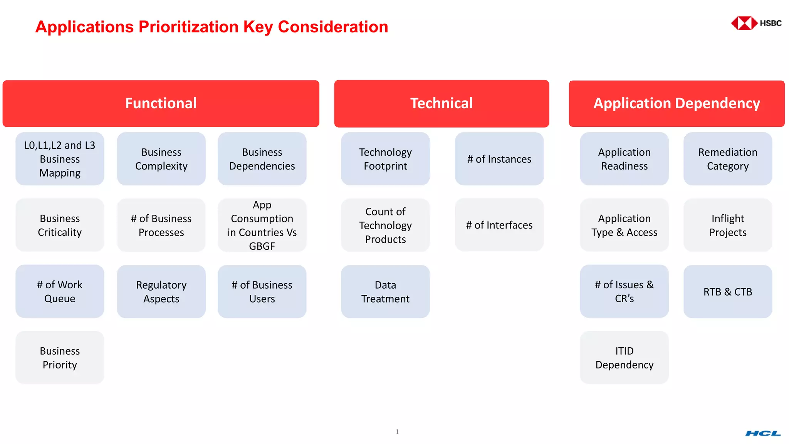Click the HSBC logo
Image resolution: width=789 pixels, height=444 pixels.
(x=756, y=23)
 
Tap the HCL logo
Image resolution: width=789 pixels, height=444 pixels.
(x=763, y=434)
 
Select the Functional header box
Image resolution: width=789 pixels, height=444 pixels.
(x=161, y=103)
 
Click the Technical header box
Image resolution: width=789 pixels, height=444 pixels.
(x=442, y=103)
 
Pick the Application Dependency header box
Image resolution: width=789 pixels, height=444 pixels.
(x=677, y=103)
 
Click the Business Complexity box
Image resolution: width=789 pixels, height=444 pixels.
(x=161, y=159)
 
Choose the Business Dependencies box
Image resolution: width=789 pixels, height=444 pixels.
(x=262, y=159)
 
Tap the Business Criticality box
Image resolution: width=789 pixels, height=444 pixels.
(x=60, y=225)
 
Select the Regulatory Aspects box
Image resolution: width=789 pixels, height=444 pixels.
(x=161, y=291)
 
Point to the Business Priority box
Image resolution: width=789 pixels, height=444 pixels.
(x=60, y=358)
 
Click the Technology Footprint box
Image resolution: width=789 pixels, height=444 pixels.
(x=385, y=159)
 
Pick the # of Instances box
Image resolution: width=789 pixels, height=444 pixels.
(x=499, y=159)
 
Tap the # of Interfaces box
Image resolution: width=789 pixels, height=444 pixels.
(x=499, y=225)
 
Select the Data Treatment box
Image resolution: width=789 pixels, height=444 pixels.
(x=385, y=291)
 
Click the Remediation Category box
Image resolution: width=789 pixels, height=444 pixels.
(x=728, y=159)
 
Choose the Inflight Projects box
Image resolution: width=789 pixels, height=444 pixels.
(x=728, y=225)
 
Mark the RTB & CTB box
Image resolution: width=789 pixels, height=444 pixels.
(x=728, y=291)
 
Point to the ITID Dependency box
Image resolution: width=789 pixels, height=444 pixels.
(x=624, y=358)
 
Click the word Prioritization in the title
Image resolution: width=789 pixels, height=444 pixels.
(x=188, y=27)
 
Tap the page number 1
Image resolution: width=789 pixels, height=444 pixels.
(x=397, y=432)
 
